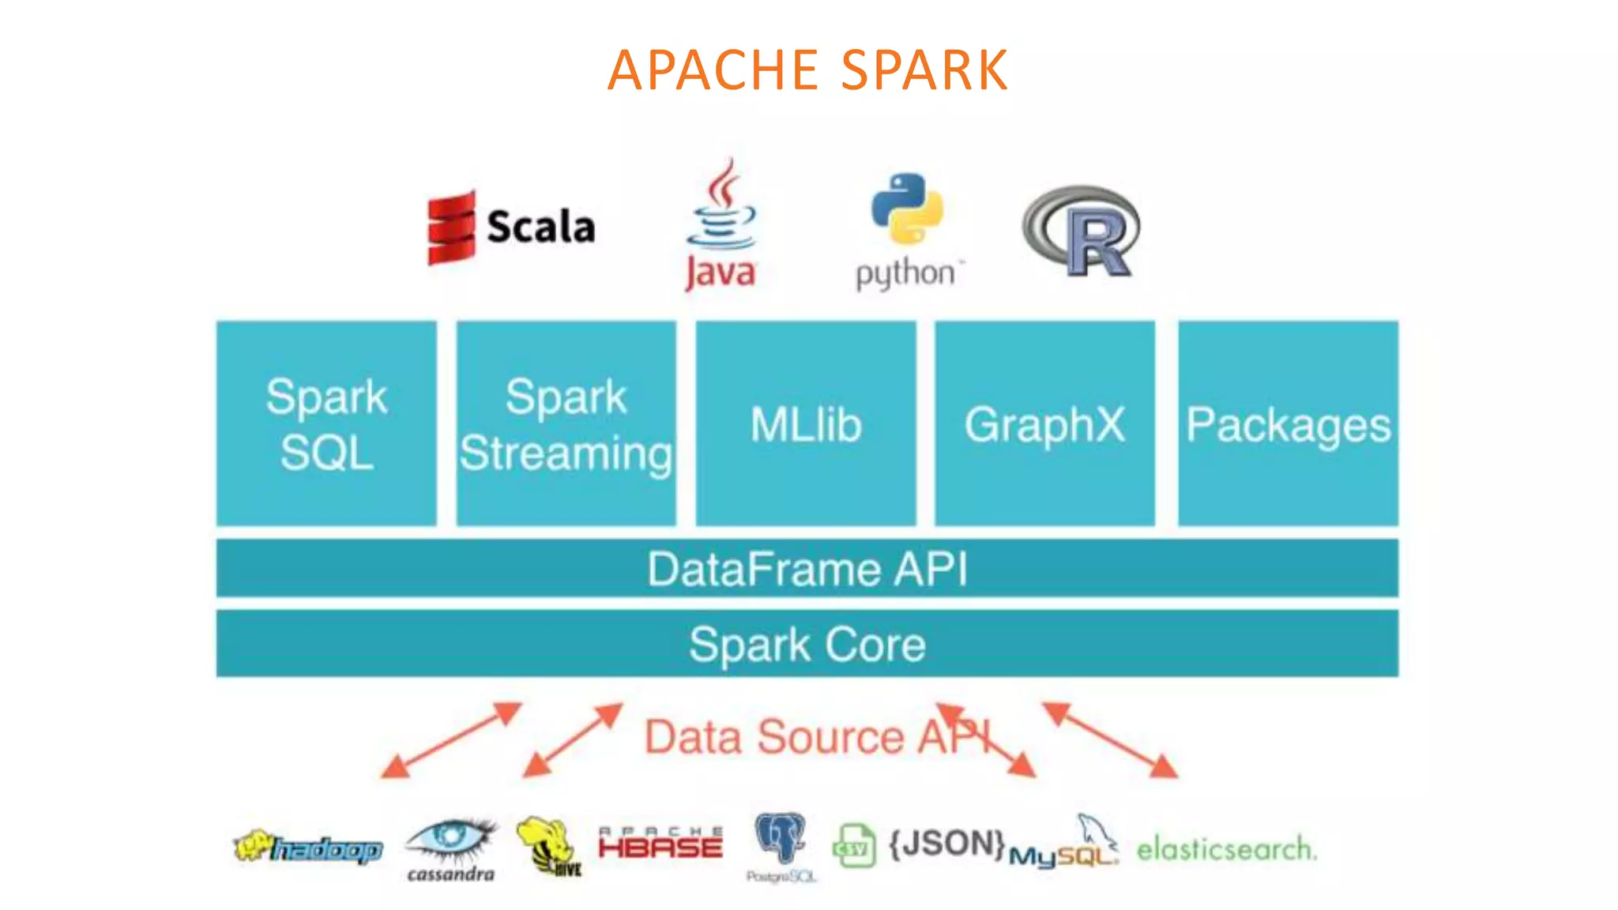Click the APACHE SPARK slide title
807,70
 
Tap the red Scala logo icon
451,227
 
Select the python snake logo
907,208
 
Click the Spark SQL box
326,423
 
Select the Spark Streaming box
566,423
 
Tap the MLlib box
806,423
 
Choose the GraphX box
1044,423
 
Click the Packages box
1288,423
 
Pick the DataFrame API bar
807,568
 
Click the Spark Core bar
807,643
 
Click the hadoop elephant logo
308,848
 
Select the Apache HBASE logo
660,844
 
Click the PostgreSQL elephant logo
781,841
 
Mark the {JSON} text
946,844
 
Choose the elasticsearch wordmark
1226,849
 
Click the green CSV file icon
854,846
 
